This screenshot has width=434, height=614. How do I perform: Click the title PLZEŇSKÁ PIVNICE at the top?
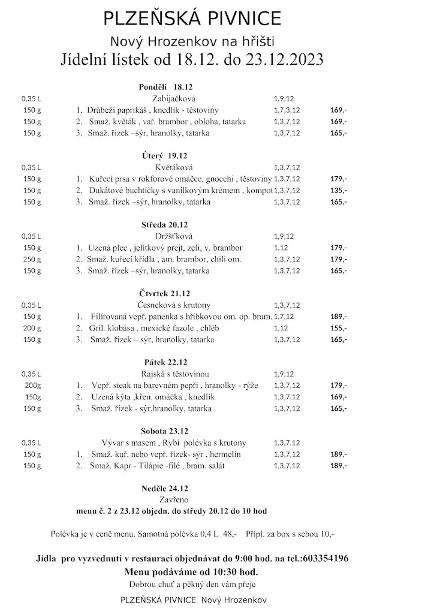click(192, 19)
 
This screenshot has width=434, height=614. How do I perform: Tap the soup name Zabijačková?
click(174, 98)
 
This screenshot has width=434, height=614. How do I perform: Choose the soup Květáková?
click(174, 167)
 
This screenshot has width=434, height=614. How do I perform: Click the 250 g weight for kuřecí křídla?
click(31, 260)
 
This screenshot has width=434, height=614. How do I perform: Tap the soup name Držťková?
click(174, 236)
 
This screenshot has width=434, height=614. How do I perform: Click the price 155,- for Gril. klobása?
click(339, 328)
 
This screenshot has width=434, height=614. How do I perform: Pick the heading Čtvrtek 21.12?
click(164, 293)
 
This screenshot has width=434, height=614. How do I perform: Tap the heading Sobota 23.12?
click(165, 431)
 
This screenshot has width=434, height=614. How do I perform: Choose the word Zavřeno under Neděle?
click(174, 499)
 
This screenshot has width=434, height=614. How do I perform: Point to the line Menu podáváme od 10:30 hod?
click(191, 571)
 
